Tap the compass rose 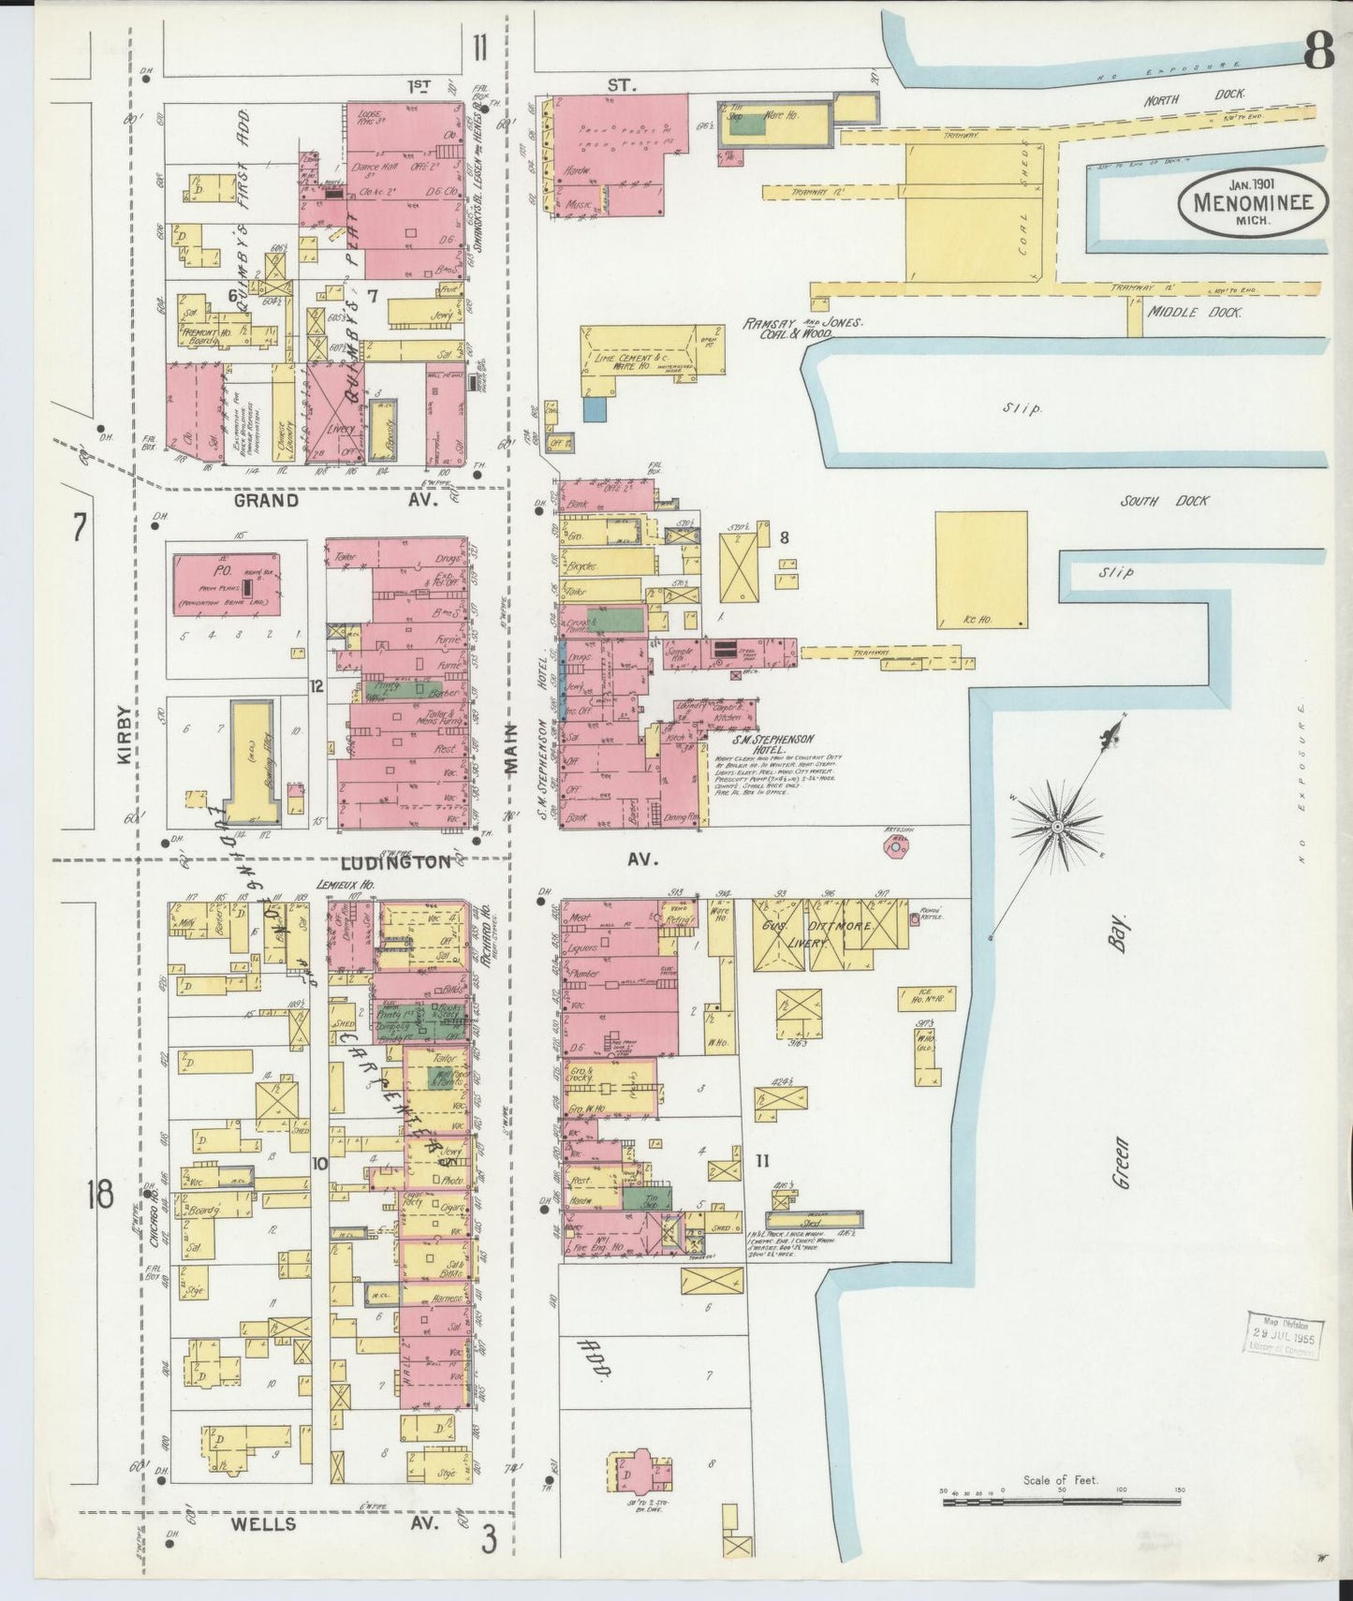coord(1057,825)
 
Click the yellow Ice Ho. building coord(980,570)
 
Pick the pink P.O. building coord(226,583)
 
